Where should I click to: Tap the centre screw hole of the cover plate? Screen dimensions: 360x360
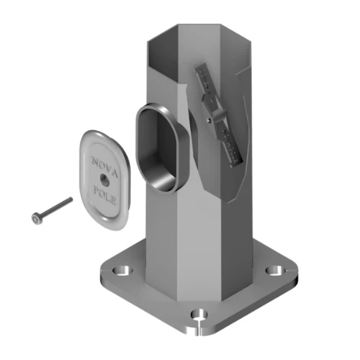[104, 179]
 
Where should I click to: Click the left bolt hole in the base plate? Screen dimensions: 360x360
[122, 271]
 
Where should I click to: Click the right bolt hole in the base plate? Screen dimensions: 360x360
[276, 270]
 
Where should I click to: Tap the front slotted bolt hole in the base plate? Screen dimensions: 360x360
[199, 315]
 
